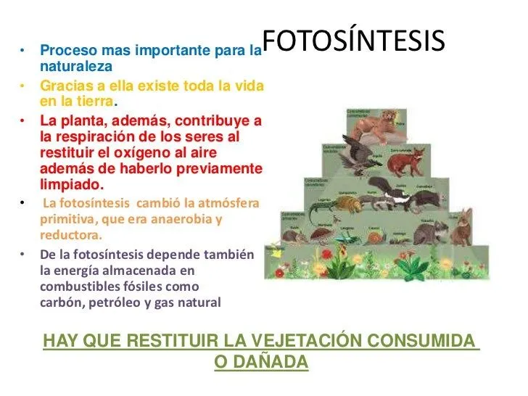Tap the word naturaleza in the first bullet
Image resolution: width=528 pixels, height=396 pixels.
pos(76,66)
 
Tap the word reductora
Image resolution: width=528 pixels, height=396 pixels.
pos(70,235)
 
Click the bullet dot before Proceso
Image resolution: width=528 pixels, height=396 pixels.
pos(22,51)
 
